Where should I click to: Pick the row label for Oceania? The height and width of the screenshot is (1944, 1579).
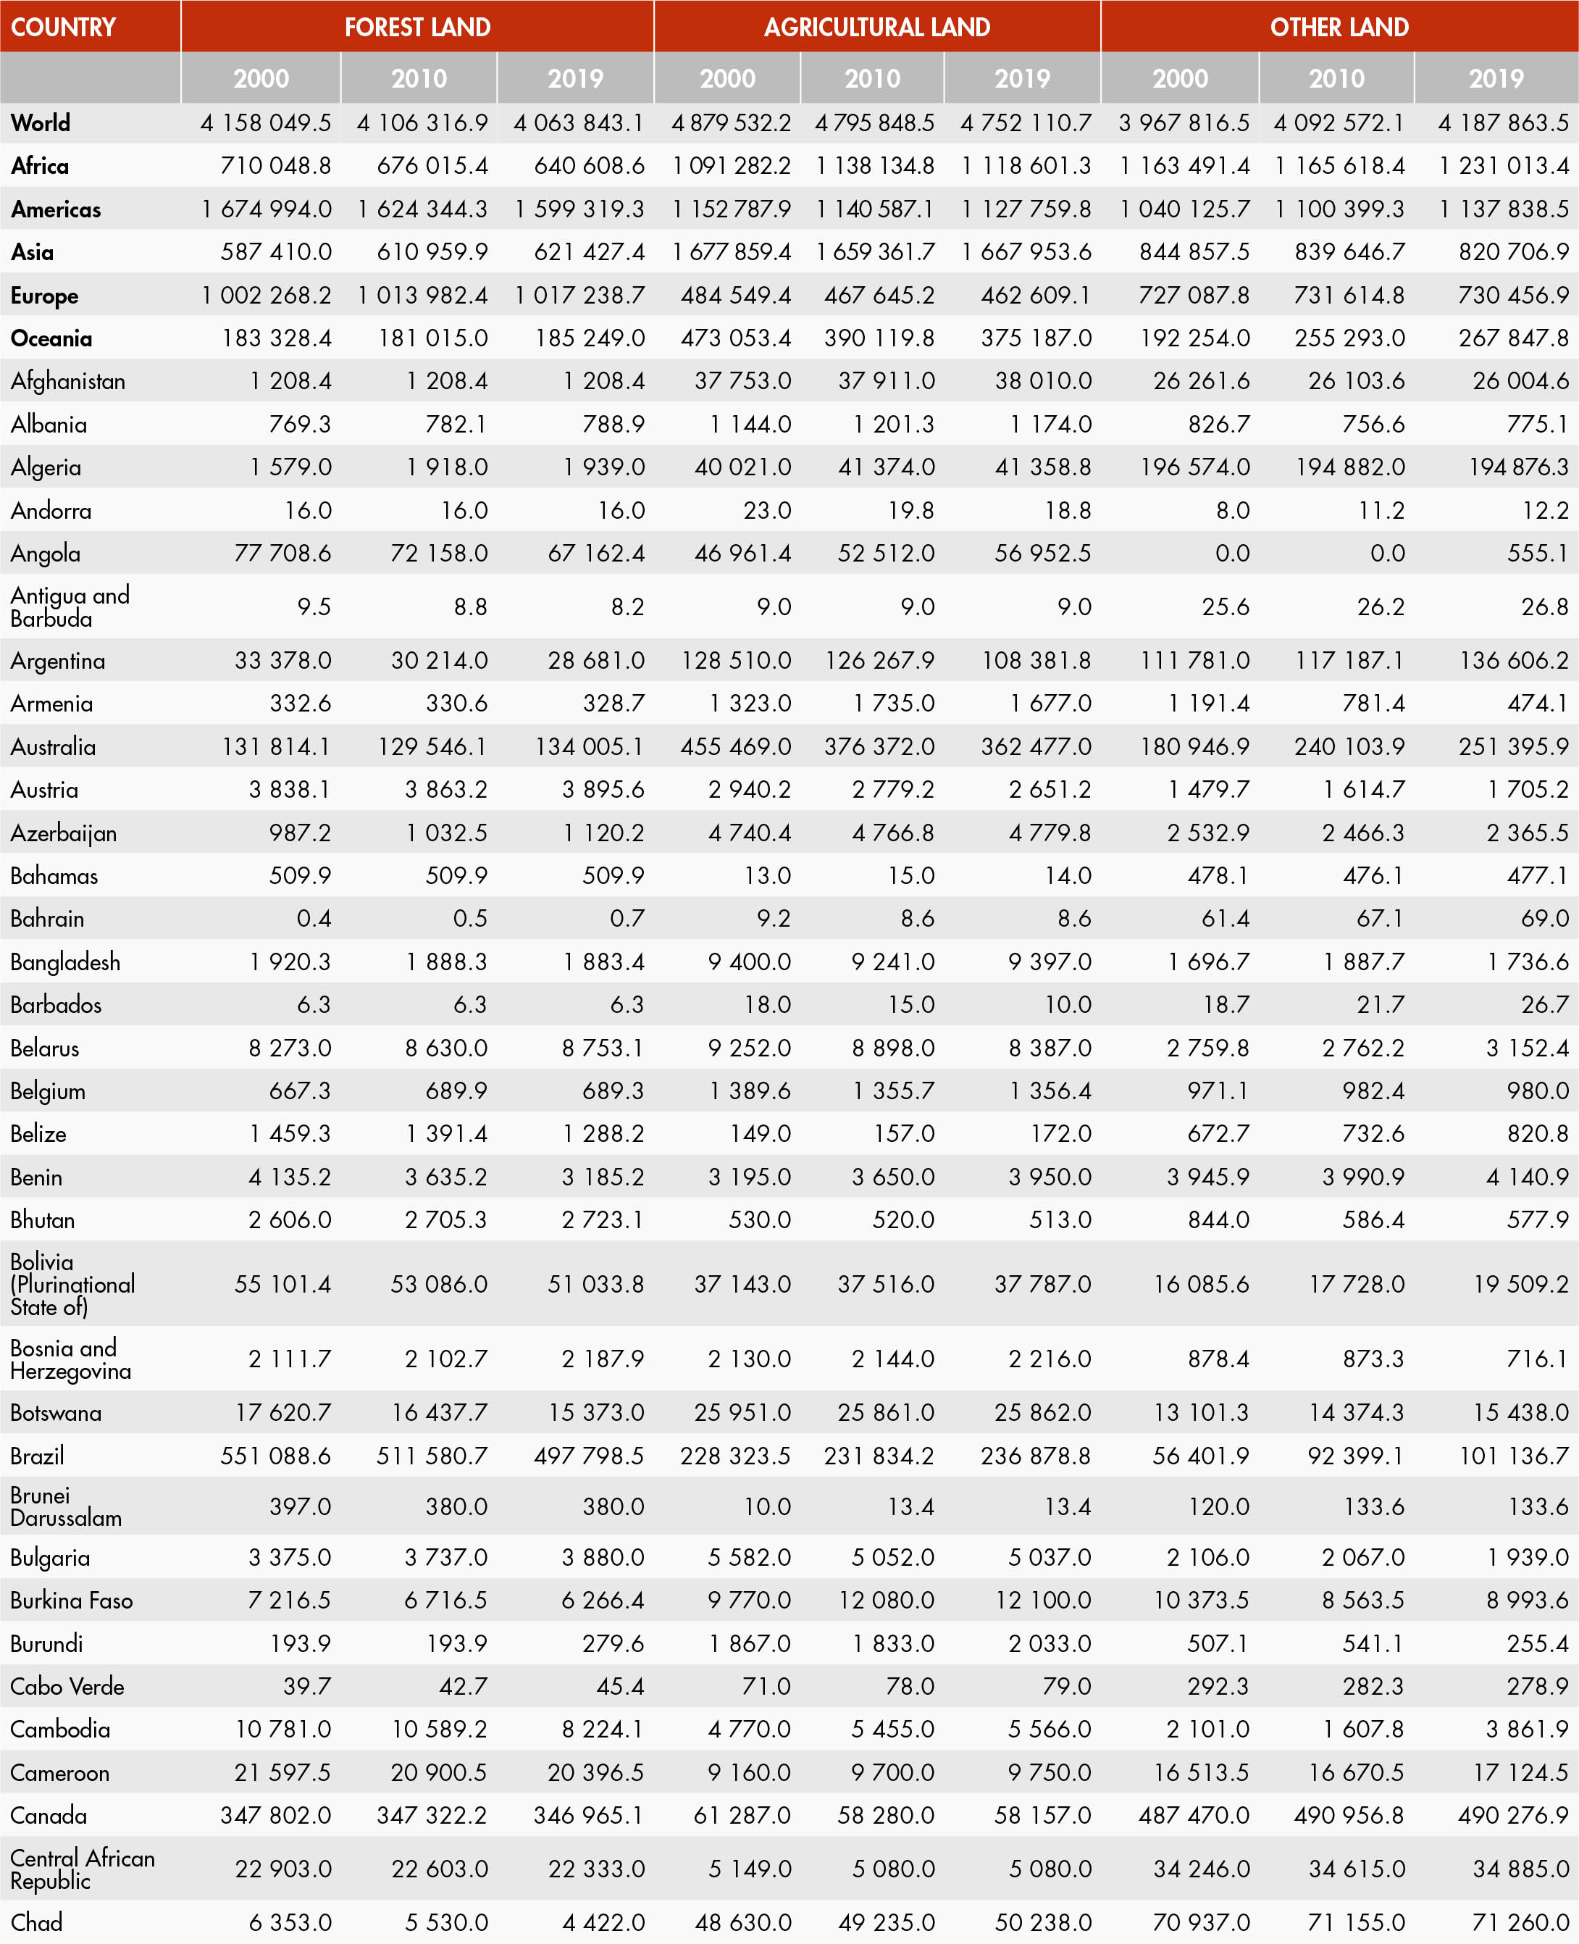tap(52, 338)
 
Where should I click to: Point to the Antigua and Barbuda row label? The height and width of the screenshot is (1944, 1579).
tap(70, 606)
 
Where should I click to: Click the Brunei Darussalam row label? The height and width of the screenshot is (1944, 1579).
tap(65, 1506)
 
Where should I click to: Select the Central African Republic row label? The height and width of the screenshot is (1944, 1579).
tap(82, 1869)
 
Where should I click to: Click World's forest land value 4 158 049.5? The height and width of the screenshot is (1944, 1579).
tap(266, 122)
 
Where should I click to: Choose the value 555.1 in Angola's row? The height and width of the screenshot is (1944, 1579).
tap(1537, 553)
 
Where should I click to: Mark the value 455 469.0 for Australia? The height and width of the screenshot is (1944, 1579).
tap(736, 747)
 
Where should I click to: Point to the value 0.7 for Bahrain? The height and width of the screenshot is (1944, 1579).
tap(627, 919)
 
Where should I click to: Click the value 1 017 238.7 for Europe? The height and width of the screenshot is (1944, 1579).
tap(579, 296)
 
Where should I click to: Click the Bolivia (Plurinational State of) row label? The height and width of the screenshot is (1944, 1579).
tap(72, 1284)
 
